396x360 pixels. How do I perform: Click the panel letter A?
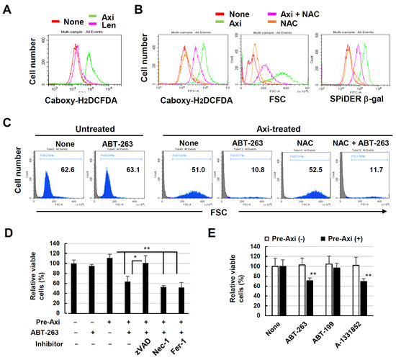coord(10,9)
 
